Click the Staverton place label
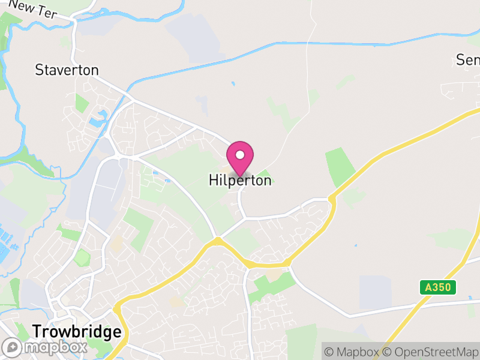pos(67,70)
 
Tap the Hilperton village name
pos(240,180)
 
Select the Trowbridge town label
pos(77,332)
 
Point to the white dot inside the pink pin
pos(240,155)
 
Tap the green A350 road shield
pos(437,287)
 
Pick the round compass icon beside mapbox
pos(12,347)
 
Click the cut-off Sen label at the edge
pos(468,60)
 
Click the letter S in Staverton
pos(39,70)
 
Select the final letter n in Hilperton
pos(268,180)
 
